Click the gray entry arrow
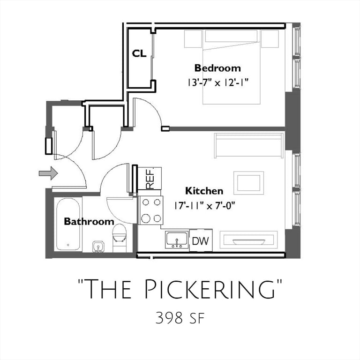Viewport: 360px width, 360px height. click(x=48, y=173)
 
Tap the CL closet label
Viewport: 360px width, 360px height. click(x=139, y=53)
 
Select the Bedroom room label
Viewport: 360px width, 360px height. click(x=217, y=68)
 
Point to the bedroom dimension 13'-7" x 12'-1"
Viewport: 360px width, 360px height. click(x=218, y=82)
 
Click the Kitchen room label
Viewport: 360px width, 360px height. click(x=204, y=191)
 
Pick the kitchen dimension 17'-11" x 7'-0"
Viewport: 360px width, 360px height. click(x=204, y=206)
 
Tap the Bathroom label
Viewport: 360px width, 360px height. click(x=89, y=221)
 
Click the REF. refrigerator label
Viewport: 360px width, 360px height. click(x=150, y=179)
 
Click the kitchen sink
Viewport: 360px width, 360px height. click(x=177, y=240)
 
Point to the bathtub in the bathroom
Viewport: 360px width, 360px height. click(x=68, y=225)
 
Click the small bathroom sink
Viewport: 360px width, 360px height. click(x=98, y=247)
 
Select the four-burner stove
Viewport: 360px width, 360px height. click(x=150, y=210)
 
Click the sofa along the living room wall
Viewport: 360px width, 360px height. click(x=249, y=145)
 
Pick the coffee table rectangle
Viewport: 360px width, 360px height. click(x=248, y=183)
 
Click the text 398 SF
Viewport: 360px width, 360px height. click(x=180, y=318)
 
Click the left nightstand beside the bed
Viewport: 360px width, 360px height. click(x=193, y=39)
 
